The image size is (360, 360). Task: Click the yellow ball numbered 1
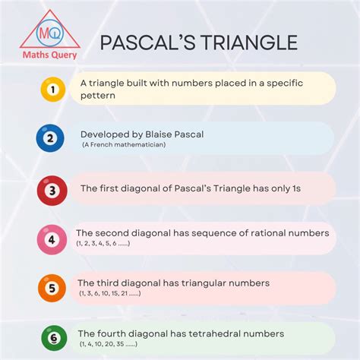(x=52, y=89)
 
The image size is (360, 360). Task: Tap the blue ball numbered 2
(x=50, y=138)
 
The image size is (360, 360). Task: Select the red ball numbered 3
(x=52, y=191)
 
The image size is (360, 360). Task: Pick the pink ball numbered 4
(x=52, y=239)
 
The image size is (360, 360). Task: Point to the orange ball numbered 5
(x=52, y=288)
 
